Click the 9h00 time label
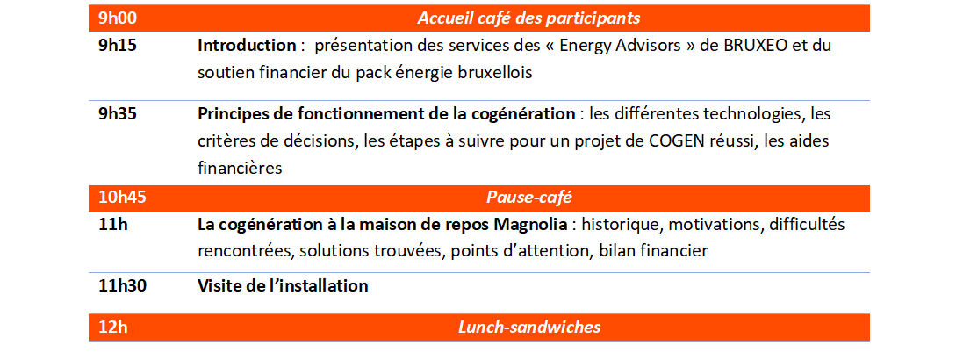coord(118,18)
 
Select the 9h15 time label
coord(118,46)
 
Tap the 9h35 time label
coord(118,114)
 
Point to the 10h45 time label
coord(122,197)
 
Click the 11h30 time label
coord(122,285)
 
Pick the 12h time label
coord(113,327)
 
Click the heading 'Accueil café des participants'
coord(528,18)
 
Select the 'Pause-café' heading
coord(529,197)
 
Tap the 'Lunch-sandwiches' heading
coord(529,327)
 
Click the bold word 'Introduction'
coord(247,46)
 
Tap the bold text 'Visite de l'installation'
coord(283,285)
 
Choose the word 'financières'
coord(240,168)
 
